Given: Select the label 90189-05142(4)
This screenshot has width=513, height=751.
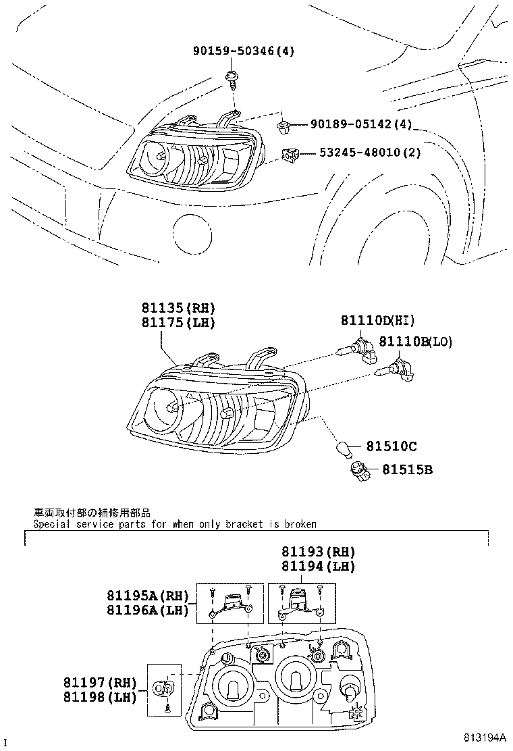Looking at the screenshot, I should click(x=361, y=125).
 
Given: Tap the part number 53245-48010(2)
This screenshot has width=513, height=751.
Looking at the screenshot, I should click(x=370, y=153).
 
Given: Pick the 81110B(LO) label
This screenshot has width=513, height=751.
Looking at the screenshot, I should click(x=414, y=342).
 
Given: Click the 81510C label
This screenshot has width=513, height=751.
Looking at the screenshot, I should click(x=391, y=446).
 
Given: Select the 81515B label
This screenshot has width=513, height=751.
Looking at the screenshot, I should click(x=408, y=468).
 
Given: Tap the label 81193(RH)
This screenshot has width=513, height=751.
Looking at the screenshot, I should click(x=318, y=552).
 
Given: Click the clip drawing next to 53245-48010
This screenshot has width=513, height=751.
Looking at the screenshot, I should click(x=290, y=155).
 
